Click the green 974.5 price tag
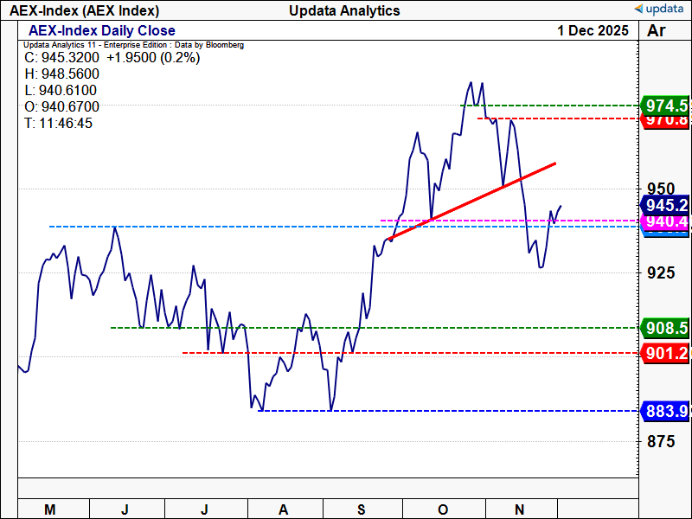pos(666,106)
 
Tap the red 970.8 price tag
pos(666,121)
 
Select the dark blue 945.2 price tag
pos(666,205)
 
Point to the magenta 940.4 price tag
pos(666,222)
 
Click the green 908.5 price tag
pos(666,328)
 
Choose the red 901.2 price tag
pos(666,353)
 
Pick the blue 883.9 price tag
pos(666,411)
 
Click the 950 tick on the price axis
pos(661,189)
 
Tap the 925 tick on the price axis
pos(661,273)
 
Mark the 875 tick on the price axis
pos(661,441)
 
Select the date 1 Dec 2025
pos(593,30)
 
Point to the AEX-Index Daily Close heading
pos(102,31)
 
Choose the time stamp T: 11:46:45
pos(59,124)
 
